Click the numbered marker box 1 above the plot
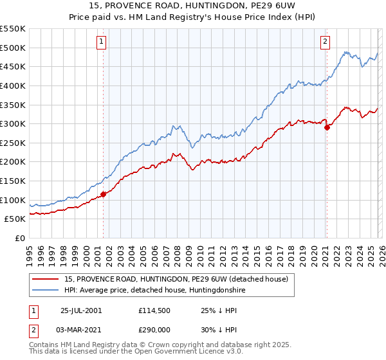[102, 42]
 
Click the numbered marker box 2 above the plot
[326, 42]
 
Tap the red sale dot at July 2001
[103, 194]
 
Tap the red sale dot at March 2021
[327, 127]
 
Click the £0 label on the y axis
[19, 238]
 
